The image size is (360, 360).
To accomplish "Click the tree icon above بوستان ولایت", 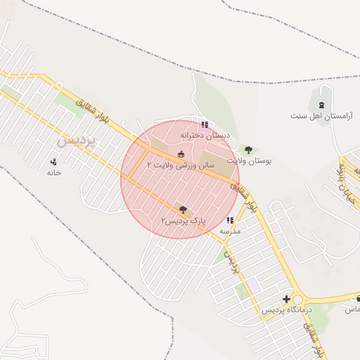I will coord(247,150).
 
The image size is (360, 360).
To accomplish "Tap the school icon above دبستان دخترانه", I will coord(205,124).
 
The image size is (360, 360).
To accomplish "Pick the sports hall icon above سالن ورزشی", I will coord(181,153).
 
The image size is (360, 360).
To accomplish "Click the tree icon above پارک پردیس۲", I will coord(184,210).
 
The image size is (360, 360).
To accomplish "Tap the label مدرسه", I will coord(230,231).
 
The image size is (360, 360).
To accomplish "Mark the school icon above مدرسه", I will coord(230,220).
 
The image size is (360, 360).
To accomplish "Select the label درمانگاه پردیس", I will coord(286,310).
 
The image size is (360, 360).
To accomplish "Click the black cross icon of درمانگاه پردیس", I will coord(286,300).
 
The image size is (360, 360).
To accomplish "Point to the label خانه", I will coord(54,172).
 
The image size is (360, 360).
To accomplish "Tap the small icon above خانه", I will coord(54,162).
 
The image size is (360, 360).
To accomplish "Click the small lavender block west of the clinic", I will coord(252,285).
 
